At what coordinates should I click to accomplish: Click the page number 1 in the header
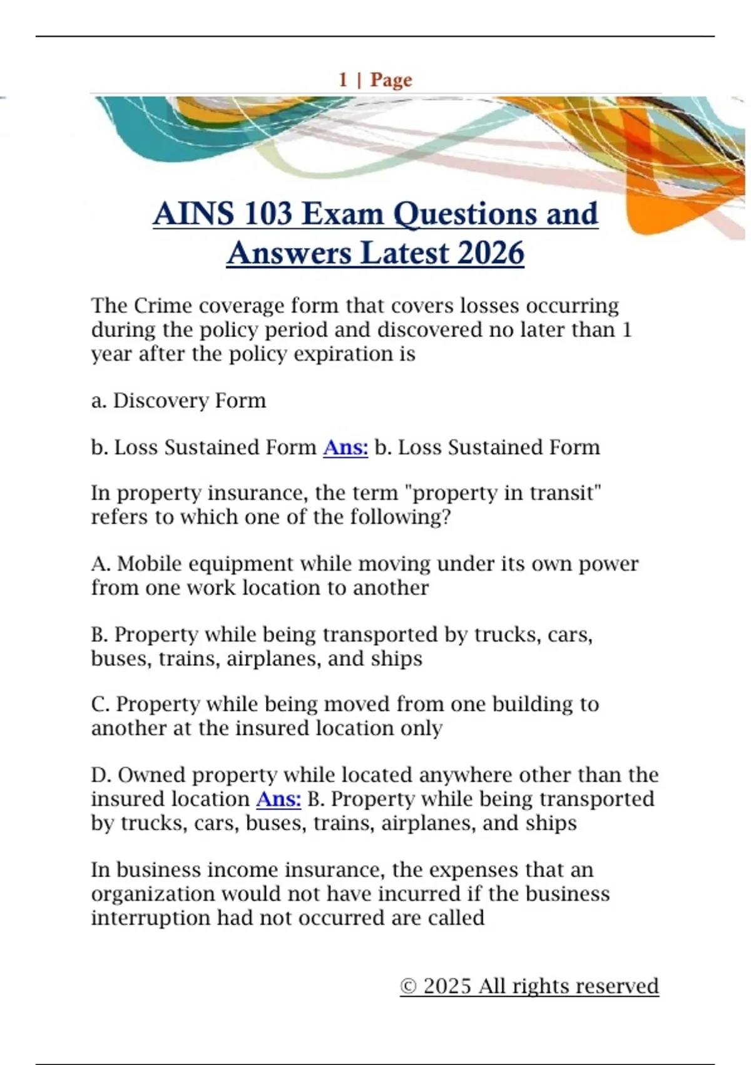(x=343, y=80)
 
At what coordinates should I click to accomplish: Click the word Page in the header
(x=391, y=80)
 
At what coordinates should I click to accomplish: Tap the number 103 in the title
(x=268, y=214)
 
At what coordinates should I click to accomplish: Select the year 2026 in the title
(x=491, y=253)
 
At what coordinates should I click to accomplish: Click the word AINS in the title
(x=193, y=214)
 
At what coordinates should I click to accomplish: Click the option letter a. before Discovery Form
(x=98, y=400)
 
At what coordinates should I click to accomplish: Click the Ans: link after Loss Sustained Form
(x=345, y=447)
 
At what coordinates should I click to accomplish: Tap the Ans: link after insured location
(x=278, y=799)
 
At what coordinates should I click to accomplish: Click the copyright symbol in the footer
(x=408, y=986)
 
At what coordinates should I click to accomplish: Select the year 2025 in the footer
(x=447, y=986)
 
